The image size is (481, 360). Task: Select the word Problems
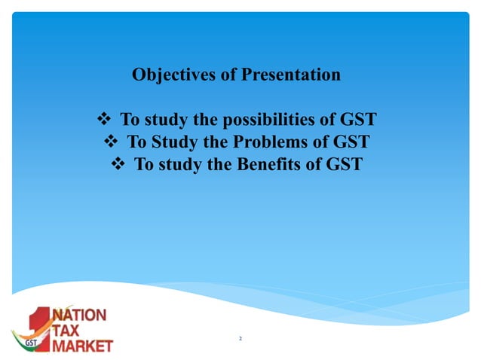click(278, 142)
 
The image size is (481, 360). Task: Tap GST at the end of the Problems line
click(349, 142)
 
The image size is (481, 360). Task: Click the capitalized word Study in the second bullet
click(172, 142)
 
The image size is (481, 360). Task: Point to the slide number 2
click(240, 340)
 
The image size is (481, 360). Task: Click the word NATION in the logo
click(79, 315)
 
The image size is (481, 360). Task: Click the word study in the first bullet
click(166, 120)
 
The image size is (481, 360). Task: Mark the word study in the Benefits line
click(179, 163)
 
